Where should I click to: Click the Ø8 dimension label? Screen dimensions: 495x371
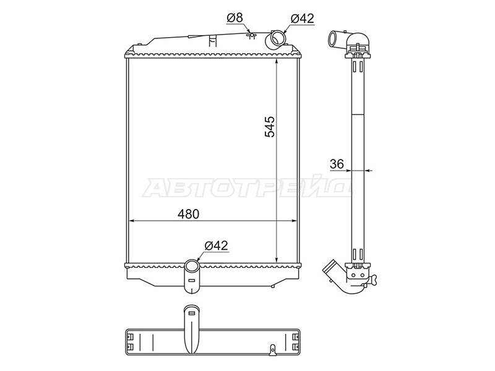(x=235, y=18)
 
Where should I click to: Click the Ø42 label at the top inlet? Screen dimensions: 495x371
(x=302, y=19)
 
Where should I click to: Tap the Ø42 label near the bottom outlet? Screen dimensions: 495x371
(x=216, y=245)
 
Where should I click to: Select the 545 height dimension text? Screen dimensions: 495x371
(x=269, y=127)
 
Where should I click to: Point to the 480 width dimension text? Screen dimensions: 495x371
(x=189, y=214)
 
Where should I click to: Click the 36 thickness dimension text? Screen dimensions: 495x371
(x=337, y=164)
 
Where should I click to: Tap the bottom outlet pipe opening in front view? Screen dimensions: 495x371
(x=191, y=267)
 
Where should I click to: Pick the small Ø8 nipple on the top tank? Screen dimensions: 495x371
(x=252, y=35)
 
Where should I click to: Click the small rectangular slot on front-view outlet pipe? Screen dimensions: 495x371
(x=191, y=280)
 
